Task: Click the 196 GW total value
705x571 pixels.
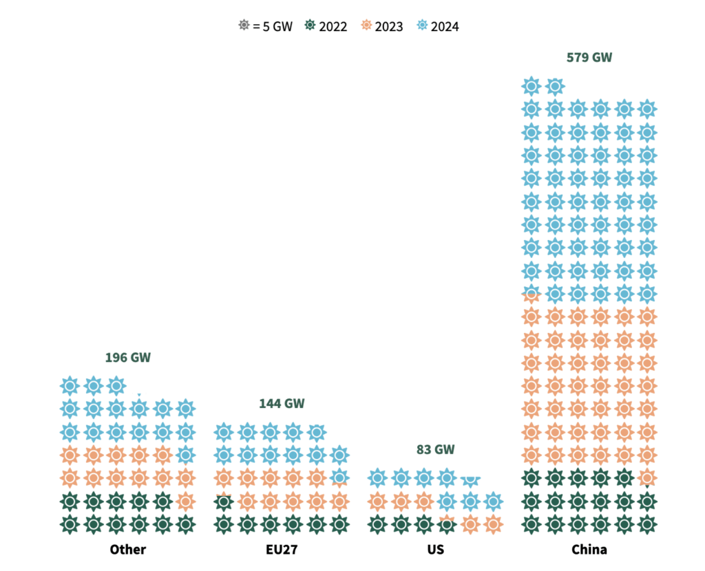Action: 127,358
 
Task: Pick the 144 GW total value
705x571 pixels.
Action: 282,403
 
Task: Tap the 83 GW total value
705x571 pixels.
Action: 435,450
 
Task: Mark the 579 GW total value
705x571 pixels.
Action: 589,57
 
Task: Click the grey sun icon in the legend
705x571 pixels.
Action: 244,26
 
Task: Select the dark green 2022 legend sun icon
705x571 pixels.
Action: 311,26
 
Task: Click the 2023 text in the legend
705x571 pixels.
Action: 390,27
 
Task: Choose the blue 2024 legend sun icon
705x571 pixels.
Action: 423,26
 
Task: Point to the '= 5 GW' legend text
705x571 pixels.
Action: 272,27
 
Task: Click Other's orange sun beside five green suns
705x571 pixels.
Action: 185,502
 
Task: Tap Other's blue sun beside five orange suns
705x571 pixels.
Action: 185,455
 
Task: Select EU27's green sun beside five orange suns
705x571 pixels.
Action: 222,502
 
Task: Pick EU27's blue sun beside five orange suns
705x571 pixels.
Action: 339,477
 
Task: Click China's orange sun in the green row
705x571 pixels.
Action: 646,477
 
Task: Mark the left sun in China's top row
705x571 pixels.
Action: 531,86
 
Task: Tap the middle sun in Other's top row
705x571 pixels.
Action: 93,386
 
